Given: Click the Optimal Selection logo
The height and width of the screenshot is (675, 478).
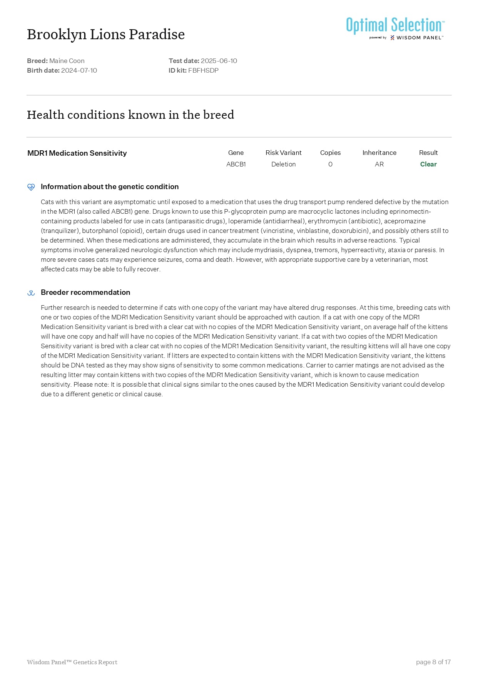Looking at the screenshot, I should pyautogui.click(x=395, y=28).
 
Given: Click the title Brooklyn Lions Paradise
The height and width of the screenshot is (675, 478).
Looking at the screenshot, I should pyautogui.click(x=106, y=35).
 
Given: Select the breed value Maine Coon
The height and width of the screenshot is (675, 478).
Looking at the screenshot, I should pyautogui.click(x=67, y=61).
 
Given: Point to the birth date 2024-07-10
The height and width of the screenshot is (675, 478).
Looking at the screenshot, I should pyautogui.click(x=79, y=70).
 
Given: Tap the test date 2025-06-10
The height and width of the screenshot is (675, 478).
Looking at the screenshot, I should pyautogui.click(x=219, y=61).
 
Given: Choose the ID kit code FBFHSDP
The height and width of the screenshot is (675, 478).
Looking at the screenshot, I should pyautogui.click(x=203, y=70).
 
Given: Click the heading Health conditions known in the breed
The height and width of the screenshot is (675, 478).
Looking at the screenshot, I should pyautogui.click(x=130, y=115).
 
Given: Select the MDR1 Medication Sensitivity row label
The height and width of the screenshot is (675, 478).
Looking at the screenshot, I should pyautogui.click(x=77, y=153).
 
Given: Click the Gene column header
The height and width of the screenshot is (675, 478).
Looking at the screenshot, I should pyautogui.click(x=236, y=153).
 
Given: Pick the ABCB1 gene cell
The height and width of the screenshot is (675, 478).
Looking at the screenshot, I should pyautogui.click(x=236, y=164).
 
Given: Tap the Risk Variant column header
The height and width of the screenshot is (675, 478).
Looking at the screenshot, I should pyautogui.click(x=283, y=153).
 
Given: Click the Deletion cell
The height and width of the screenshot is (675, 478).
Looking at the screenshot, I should pyautogui.click(x=283, y=164).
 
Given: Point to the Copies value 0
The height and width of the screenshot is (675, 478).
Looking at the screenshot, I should pyautogui.click(x=330, y=164).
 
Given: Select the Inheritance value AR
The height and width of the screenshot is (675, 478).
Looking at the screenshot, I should pyautogui.click(x=379, y=164).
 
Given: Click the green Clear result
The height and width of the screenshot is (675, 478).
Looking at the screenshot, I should pyautogui.click(x=428, y=164).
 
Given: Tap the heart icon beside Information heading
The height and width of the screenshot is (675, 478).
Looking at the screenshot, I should pyautogui.click(x=31, y=187).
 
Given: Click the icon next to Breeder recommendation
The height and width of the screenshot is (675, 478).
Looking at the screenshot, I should pyautogui.click(x=31, y=293).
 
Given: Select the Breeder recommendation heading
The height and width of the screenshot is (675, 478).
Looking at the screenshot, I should pyautogui.click(x=85, y=292).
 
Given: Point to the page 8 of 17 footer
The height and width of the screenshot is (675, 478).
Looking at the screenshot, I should pyautogui.click(x=433, y=662).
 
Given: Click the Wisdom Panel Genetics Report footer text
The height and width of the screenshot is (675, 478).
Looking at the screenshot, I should pyautogui.click(x=72, y=662).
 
